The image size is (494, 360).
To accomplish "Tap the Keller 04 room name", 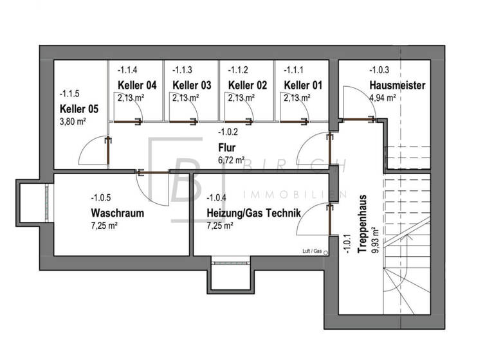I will (137, 85).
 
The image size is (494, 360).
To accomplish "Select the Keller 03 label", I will (192, 85).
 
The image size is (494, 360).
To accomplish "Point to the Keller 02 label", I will (248, 85).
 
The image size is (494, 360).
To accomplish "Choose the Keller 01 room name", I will (303, 85).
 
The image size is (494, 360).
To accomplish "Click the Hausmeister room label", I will (397, 85).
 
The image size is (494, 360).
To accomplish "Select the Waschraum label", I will (117, 213).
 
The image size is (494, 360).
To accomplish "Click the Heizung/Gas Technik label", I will (253, 213).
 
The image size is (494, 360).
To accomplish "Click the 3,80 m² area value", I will (73, 121).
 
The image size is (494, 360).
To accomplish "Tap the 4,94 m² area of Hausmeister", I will (382, 98).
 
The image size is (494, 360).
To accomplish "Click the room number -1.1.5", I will (71, 93).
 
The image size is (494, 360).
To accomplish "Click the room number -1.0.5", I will (102, 198).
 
